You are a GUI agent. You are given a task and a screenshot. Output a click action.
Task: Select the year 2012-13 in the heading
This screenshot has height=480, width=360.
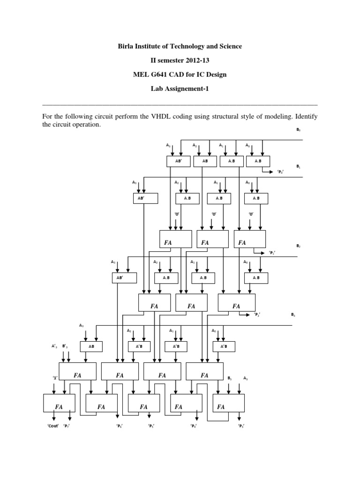[x=191, y=60]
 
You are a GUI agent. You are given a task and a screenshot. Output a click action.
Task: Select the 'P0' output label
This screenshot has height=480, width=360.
[x=280, y=172]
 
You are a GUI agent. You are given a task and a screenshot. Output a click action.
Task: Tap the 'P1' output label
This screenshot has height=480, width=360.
[x=271, y=253]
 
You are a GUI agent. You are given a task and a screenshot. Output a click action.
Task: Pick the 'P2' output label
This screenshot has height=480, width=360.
[x=257, y=314]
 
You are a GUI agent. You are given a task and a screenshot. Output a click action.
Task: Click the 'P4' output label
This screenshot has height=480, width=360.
[x=193, y=426]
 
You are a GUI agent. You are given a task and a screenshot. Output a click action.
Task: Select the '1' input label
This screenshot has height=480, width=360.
[x=55, y=377]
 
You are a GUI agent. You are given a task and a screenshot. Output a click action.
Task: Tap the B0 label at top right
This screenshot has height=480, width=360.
[x=298, y=129]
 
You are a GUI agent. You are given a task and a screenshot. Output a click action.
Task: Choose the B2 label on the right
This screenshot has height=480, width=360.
[x=298, y=246]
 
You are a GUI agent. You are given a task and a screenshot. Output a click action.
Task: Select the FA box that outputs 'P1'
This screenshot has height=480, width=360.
[x=249, y=239]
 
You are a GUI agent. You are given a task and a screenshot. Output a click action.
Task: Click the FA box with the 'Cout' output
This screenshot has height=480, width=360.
[x=59, y=404]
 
